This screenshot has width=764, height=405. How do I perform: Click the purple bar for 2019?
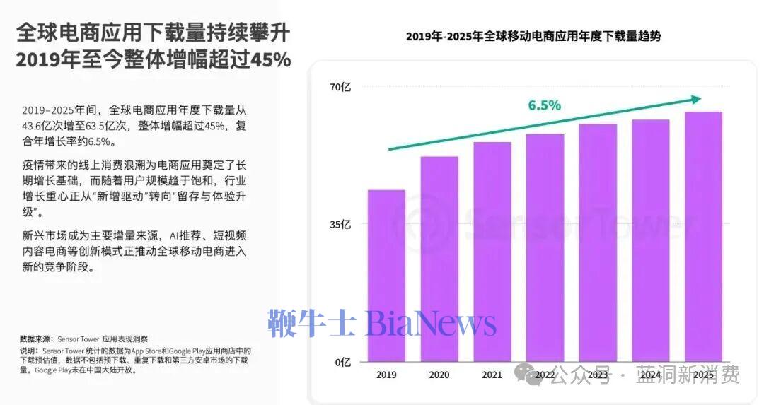coord(386,276)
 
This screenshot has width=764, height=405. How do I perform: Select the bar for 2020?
coord(439,259)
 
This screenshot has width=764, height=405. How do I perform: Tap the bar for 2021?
coord(492,252)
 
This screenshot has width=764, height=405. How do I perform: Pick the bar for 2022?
coord(545,247)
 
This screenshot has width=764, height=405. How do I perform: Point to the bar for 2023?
coord(598,242)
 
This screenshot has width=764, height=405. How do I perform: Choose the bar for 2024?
coord(650,240)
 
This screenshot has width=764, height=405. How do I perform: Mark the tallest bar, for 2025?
coord(703,236)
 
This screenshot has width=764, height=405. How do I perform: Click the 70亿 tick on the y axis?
coord(340,88)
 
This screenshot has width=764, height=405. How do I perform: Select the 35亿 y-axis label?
coord(340,225)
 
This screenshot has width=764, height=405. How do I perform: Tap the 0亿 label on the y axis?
coord(342,362)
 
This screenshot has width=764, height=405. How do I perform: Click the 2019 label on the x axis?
coord(386,375)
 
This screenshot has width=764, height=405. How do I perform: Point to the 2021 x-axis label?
coord(492,375)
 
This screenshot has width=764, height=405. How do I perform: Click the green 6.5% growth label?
coord(544,105)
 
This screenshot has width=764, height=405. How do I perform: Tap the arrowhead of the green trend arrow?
coord(697,100)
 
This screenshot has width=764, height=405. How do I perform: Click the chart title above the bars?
coord(533,37)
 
